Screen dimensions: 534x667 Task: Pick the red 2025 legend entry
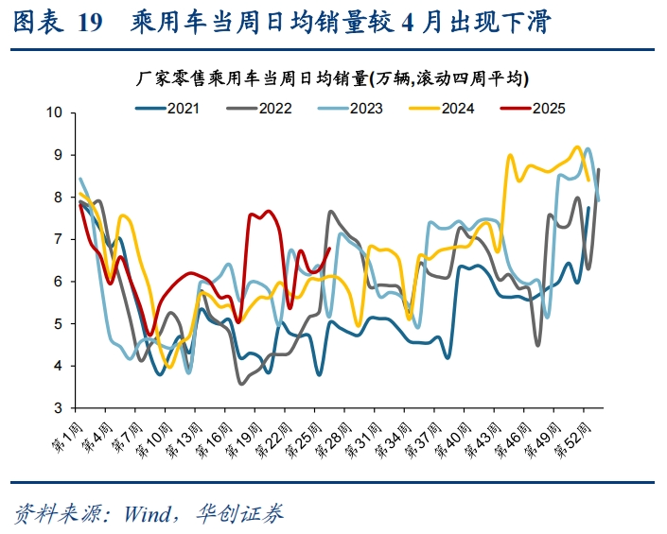pos(548,108)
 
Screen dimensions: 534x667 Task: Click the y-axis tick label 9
pos(57,155)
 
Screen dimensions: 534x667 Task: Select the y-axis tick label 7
pos(57,239)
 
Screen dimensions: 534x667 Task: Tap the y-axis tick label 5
pos(57,323)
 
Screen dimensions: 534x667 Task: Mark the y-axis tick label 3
pos(57,407)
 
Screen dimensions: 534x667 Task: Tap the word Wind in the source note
pos(138,513)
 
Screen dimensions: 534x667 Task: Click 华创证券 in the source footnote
pos(239,513)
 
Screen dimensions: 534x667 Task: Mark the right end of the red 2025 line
pos(328,250)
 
